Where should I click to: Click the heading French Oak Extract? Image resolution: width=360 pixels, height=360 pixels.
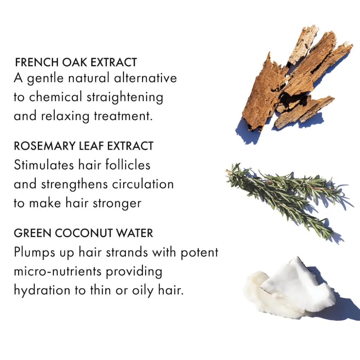(76, 62)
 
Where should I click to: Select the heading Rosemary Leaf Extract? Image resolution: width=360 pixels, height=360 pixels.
(84, 146)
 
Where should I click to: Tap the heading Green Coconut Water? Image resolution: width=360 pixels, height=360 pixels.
(84, 233)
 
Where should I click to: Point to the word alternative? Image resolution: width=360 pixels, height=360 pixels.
(145, 77)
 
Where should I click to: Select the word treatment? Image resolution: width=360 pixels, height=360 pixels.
(124, 116)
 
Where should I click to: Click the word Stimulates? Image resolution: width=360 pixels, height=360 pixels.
(44, 165)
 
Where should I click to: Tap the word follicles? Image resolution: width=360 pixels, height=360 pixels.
(128, 165)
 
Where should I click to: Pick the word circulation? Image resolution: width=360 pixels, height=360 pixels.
(143, 184)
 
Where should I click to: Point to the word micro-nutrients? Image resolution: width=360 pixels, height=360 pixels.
(58, 271)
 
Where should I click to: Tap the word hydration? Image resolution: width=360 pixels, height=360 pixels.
(42, 290)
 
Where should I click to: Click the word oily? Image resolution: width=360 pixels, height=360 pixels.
(143, 291)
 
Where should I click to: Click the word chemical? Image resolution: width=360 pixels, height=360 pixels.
(55, 96)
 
